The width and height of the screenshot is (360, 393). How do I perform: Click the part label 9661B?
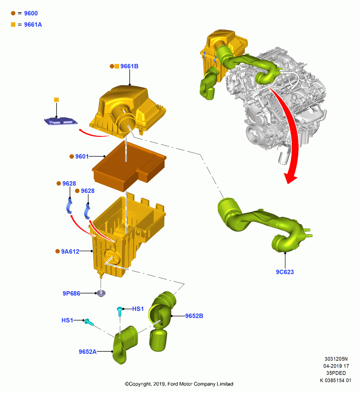(129, 66)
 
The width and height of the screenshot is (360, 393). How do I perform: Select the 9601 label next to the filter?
(82, 156)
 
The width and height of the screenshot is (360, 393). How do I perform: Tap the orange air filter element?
(129, 166)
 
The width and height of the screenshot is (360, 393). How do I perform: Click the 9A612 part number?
(70, 252)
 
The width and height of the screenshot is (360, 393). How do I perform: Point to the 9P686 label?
(72, 293)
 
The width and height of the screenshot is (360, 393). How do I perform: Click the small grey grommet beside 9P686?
(101, 293)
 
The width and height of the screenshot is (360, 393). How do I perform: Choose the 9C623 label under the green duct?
(285, 272)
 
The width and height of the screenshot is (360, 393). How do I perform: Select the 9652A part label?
(88, 352)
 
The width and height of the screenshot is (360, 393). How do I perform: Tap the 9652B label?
(194, 316)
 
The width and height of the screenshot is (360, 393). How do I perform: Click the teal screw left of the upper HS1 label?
(119, 311)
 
